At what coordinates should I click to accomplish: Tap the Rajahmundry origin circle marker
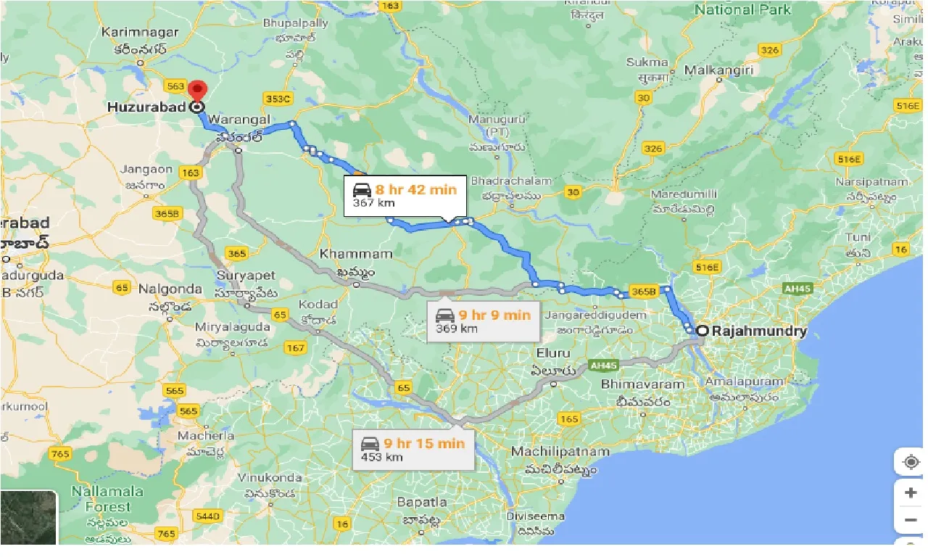[702, 331]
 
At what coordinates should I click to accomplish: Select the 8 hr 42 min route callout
[405, 196]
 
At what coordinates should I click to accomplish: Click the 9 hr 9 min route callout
[483, 321]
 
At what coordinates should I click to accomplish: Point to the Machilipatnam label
[560, 452]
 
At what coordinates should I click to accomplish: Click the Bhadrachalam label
[506, 180]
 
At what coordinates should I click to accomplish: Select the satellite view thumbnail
[28, 517]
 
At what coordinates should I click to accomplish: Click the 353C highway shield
[278, 98]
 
